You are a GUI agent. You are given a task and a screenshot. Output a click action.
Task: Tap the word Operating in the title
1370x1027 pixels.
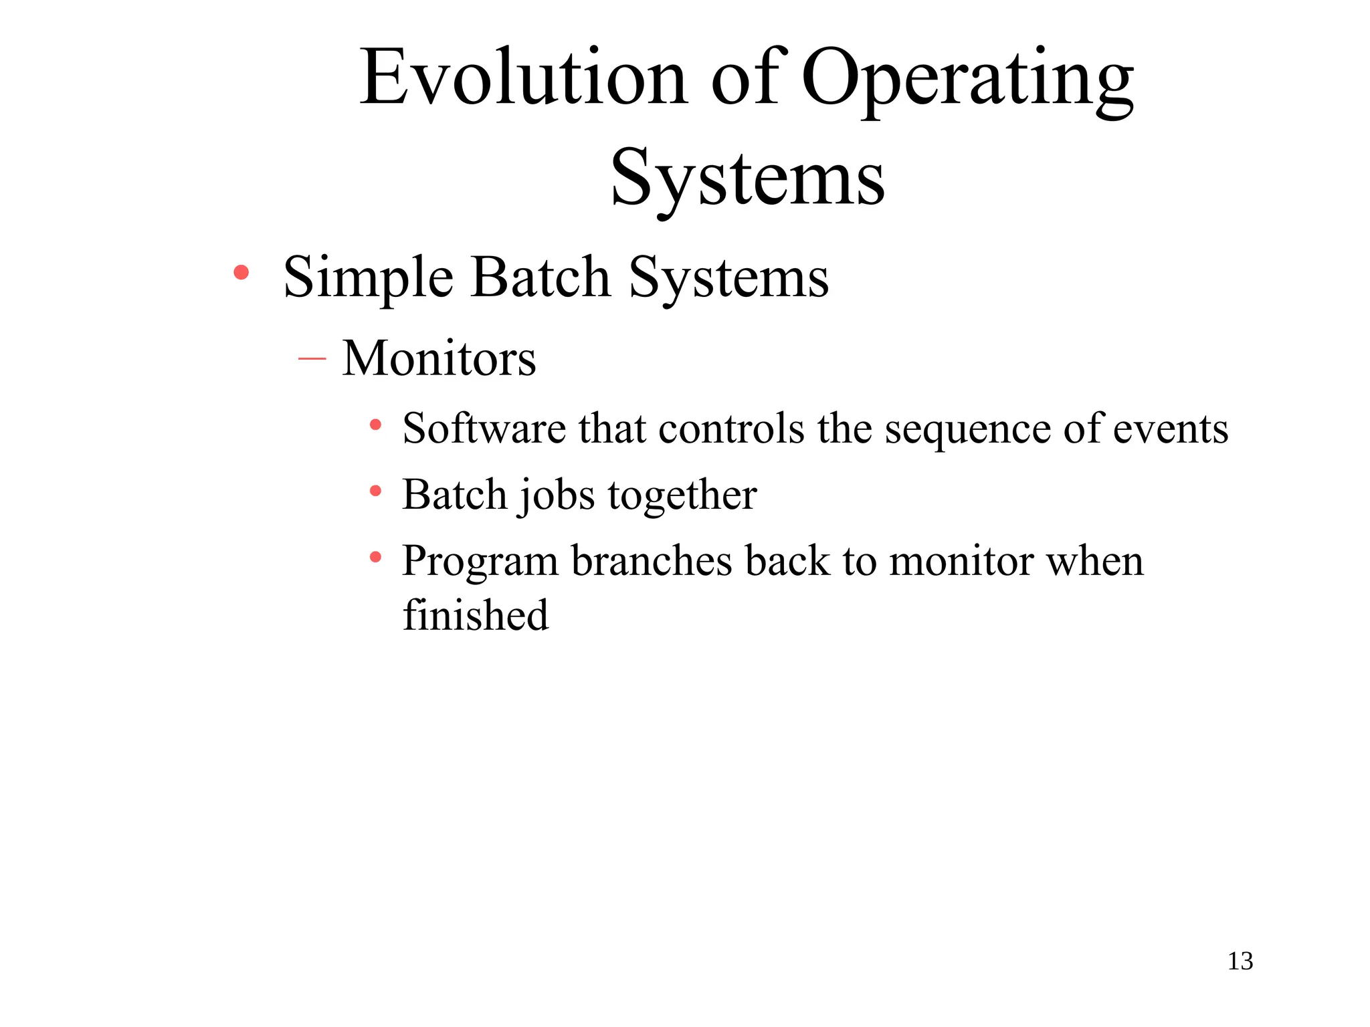967,79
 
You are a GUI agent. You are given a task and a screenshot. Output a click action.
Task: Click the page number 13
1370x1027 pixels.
1240,961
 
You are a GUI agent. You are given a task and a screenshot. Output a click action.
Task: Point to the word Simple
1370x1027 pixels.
368,277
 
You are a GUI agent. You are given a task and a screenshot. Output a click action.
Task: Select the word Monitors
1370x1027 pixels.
439,358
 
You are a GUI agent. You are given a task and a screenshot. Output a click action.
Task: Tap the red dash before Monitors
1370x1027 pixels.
312,359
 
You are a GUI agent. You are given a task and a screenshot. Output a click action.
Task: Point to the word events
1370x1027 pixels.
1170,428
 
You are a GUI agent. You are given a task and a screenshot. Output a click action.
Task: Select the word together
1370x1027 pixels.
682,496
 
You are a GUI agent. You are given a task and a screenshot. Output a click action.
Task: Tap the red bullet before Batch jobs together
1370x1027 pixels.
375,491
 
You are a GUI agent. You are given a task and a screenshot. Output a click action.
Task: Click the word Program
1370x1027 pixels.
480,562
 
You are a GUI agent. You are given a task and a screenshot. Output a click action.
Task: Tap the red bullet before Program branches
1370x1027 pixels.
375,556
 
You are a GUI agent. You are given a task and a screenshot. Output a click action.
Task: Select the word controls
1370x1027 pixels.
731,428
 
